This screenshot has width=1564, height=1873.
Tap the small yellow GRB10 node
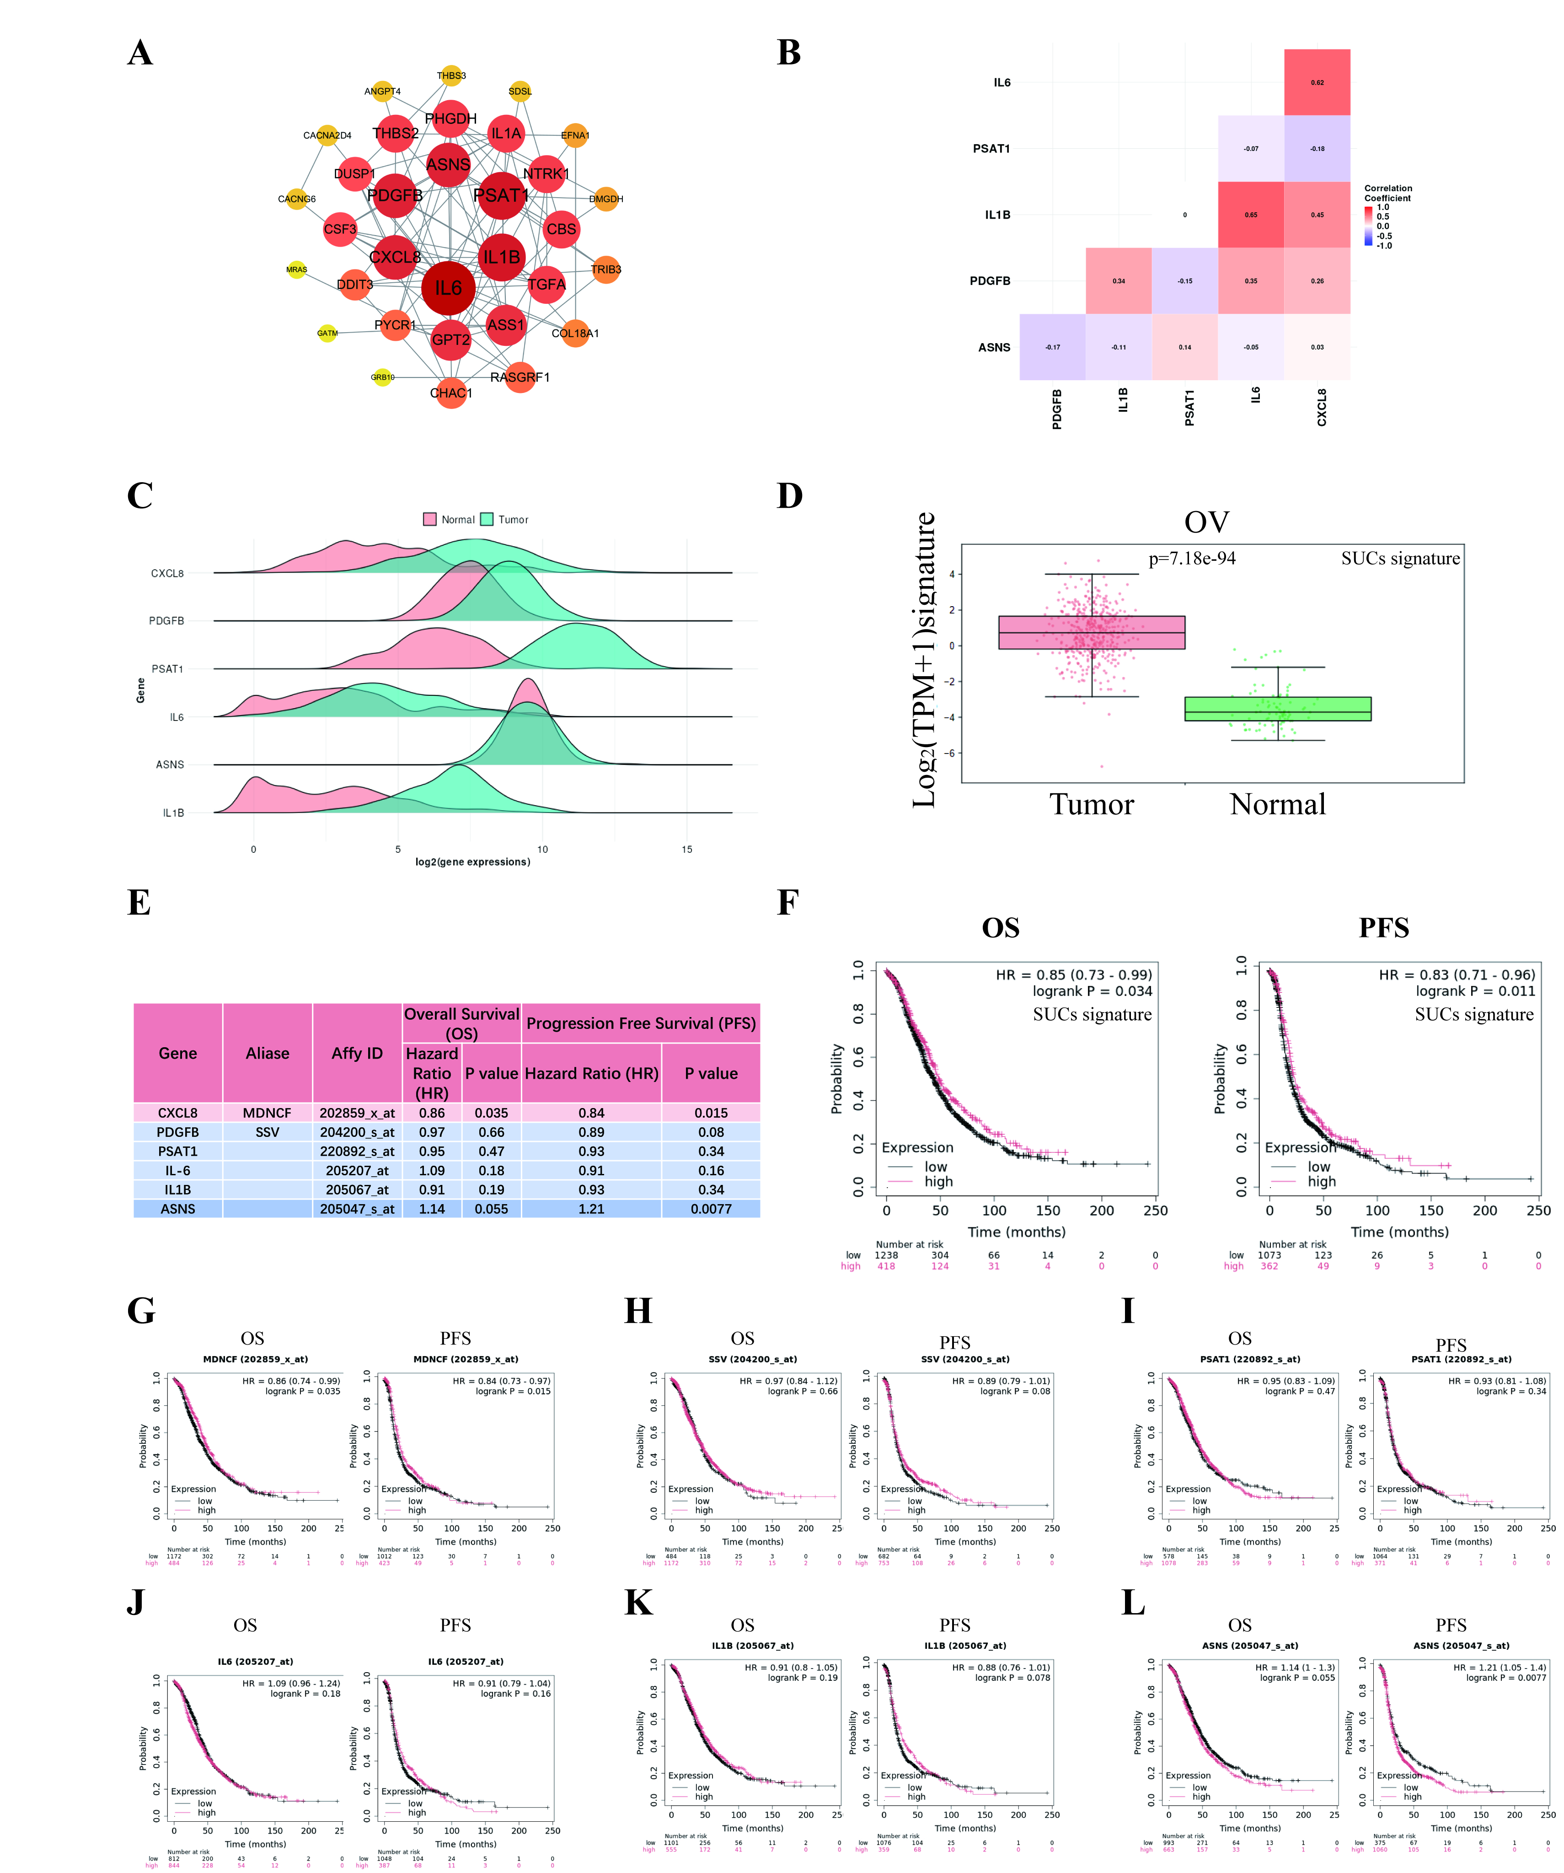[x=382, y=377]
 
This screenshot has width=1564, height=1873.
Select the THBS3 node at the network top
[x=451, y=76]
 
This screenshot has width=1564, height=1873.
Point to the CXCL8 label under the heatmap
[x=1322, y=407]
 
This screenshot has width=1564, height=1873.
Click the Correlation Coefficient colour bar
[x=1368, y=226]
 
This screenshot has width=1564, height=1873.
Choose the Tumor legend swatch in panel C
[x=487, y=519]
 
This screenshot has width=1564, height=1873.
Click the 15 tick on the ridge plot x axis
[x=686, y=849]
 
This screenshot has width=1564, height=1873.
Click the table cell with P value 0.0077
[x=711, y=1209]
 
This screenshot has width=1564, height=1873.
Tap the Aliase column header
[x=268, y=1053]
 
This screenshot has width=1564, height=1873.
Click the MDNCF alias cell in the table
[x=268, y=1113]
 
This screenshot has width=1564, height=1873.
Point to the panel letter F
[x=787, y=903]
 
